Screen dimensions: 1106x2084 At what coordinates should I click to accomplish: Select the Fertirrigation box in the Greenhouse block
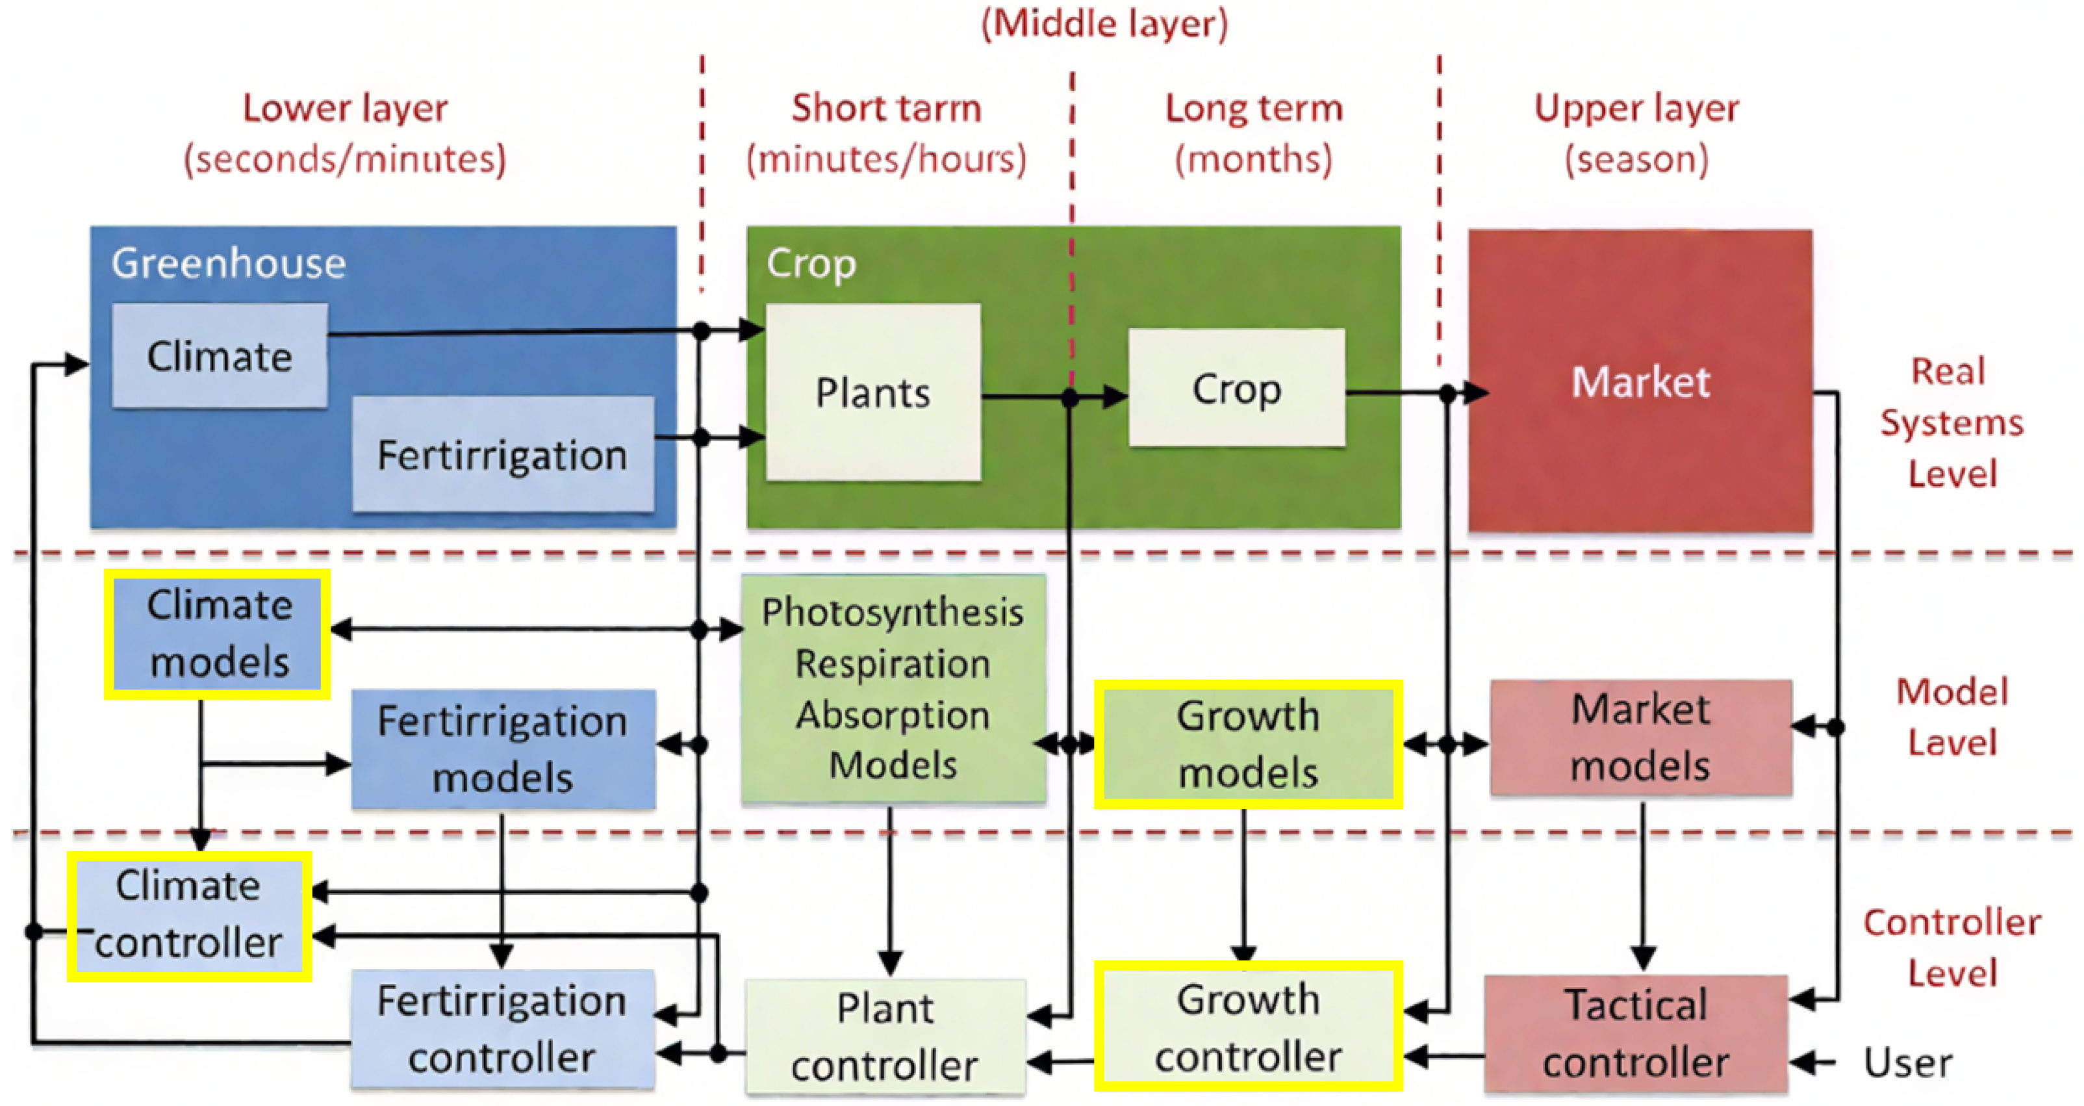click(502, 454)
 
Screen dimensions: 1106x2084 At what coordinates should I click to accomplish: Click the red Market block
click(1640, 380)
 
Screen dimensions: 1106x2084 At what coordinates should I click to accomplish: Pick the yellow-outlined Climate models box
click(218, 634)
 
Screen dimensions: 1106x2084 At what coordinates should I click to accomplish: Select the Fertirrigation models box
click(502, 749)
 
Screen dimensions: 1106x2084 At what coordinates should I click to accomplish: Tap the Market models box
click(1640, 737)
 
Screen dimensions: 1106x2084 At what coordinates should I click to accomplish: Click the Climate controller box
click(189, 915)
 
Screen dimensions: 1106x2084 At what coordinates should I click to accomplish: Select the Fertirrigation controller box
click(502, 1028)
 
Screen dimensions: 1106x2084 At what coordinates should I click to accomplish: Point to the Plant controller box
click(884, 1036)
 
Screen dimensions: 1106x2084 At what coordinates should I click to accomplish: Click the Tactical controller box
click(1635, 1033)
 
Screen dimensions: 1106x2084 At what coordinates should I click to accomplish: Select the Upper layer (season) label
click(1636, 133)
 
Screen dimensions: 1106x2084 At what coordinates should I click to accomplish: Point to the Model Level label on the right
click(1951, 716)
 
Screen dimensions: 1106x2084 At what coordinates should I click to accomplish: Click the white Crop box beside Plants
click(1236, 389)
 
